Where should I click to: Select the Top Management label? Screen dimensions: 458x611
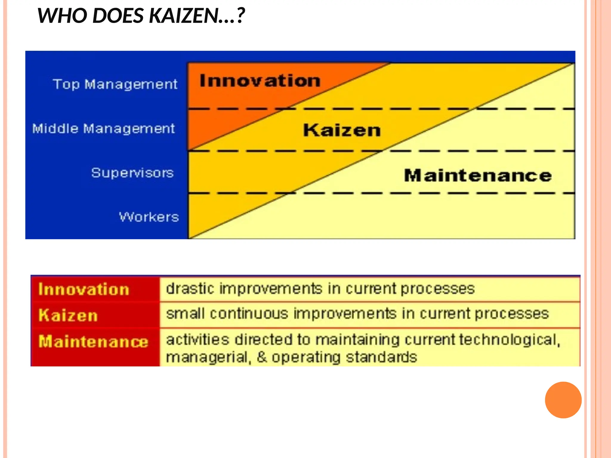coord(115,84)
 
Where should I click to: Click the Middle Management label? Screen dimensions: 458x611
coord(103,129)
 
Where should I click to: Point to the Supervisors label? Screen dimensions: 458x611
coord(132,173)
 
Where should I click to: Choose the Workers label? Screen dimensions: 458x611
coord(149,217)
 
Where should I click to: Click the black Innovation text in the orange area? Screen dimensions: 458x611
coord(260,81)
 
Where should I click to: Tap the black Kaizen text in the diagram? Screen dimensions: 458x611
coord(342,130)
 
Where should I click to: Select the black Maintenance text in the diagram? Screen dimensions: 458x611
coord(478,175)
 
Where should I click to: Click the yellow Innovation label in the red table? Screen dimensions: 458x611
coord(84,290)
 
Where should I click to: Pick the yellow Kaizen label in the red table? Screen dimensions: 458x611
coord(68,315)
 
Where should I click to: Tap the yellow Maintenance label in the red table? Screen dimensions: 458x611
coord(93,341)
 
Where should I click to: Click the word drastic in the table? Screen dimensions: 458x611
coord(190,289)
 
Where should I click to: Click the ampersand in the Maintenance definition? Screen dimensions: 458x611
coord(262,357)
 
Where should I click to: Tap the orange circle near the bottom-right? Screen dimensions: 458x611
coord(563,400)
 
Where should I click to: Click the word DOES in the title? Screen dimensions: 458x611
coord(118,16)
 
